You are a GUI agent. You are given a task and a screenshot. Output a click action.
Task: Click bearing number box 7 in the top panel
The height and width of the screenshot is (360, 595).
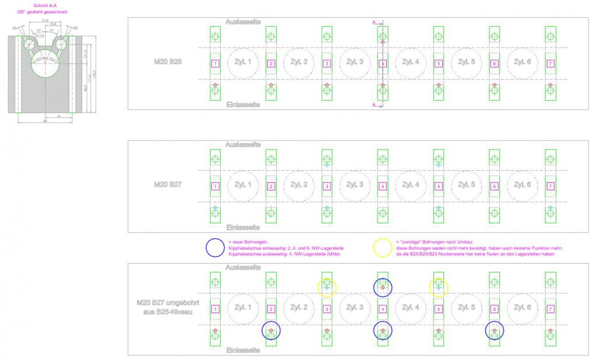click(550, 64)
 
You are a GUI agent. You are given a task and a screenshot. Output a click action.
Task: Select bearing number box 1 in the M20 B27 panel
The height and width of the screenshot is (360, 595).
click(215, 186)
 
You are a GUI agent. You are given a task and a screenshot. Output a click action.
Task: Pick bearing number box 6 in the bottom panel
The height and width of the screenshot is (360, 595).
click(494, 309)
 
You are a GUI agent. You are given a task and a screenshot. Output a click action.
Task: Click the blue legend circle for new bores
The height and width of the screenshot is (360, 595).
click(215, 248)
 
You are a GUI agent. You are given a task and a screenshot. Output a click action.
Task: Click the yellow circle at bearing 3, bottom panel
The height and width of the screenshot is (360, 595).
click(327, 288)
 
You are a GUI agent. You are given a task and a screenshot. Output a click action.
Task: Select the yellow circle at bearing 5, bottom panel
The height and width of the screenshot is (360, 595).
click(439, 288)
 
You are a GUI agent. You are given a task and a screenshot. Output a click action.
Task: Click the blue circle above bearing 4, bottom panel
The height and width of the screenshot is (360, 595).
click(383, 288)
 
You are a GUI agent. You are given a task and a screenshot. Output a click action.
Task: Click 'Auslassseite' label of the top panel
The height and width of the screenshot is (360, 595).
click(243, 21)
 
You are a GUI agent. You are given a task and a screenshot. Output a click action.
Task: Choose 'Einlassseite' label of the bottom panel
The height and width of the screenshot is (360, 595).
click(243, 350)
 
